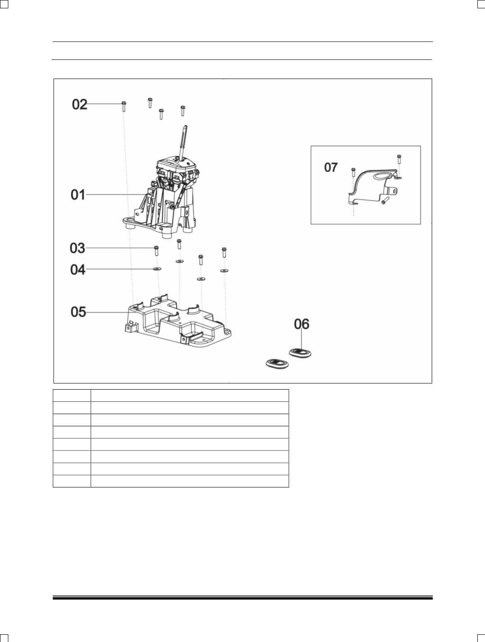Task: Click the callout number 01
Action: [78, 195]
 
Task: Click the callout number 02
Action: [79, 104]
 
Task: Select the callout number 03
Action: [78, 248]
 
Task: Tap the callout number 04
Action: [78, 270]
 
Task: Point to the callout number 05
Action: [79, 312]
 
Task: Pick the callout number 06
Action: [301, 324]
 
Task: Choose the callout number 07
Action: [331, 167]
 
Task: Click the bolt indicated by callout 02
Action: [124, 107]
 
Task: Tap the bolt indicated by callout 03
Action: [156, 251]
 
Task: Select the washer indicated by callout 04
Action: [157, 269]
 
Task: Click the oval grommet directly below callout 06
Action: [300, 353]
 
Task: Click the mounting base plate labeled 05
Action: [178, 323]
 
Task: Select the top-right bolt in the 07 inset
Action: [399, 159]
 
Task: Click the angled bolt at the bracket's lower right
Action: [384, 200]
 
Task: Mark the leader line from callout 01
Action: [115, 195]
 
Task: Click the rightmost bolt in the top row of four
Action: [183, 111]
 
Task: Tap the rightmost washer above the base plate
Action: [224, 271]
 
